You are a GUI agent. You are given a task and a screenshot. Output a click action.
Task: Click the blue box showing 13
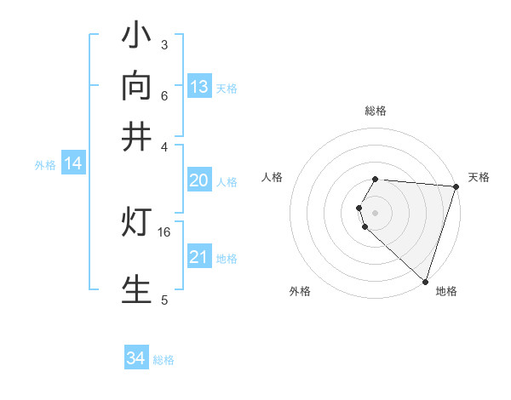tap(198, 87)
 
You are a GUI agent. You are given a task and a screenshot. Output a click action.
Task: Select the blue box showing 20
tap(198, 180)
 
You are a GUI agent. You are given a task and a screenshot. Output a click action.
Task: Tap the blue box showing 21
tap(198, 257)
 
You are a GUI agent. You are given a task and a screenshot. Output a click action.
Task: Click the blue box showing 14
tap(72, 164)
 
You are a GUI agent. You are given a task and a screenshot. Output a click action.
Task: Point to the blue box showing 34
tap(135, 359)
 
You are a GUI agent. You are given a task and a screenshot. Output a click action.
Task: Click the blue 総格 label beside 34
tap(164, 360)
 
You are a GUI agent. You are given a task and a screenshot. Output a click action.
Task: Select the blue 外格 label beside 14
tap(45, 165)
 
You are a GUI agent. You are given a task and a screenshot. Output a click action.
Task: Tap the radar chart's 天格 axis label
tap(479, 177)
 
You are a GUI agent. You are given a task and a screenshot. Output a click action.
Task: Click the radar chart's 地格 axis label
tap(446, 291)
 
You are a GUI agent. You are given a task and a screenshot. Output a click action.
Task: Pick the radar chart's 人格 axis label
tap(273, 177)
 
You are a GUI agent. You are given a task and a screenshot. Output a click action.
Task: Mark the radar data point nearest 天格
tap(456, 186)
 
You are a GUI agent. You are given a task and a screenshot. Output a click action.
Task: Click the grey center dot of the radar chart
tap(376, 212)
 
